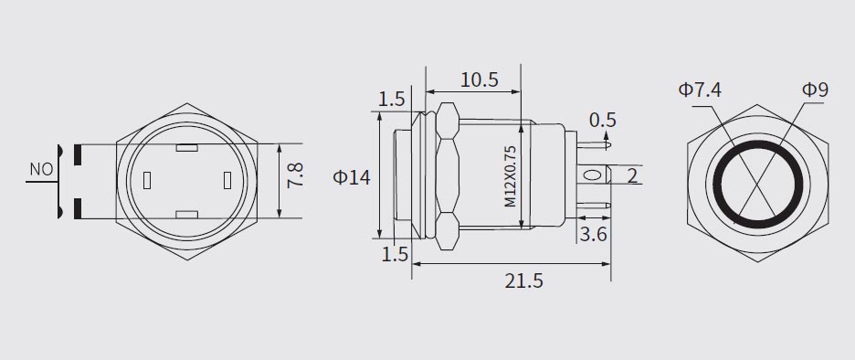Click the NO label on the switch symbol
(41, 170)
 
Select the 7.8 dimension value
(295, 175)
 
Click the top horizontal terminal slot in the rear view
(187, 147)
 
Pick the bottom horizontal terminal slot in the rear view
(187, 216)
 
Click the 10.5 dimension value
(479, 79)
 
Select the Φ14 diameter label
(352, 177)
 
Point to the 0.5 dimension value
(603, 120)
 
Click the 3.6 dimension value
(594, 235)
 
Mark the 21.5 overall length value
(523, 281)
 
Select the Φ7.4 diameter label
(700, 90)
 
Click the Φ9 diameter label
(815, 90)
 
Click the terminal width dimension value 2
(632, 175)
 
